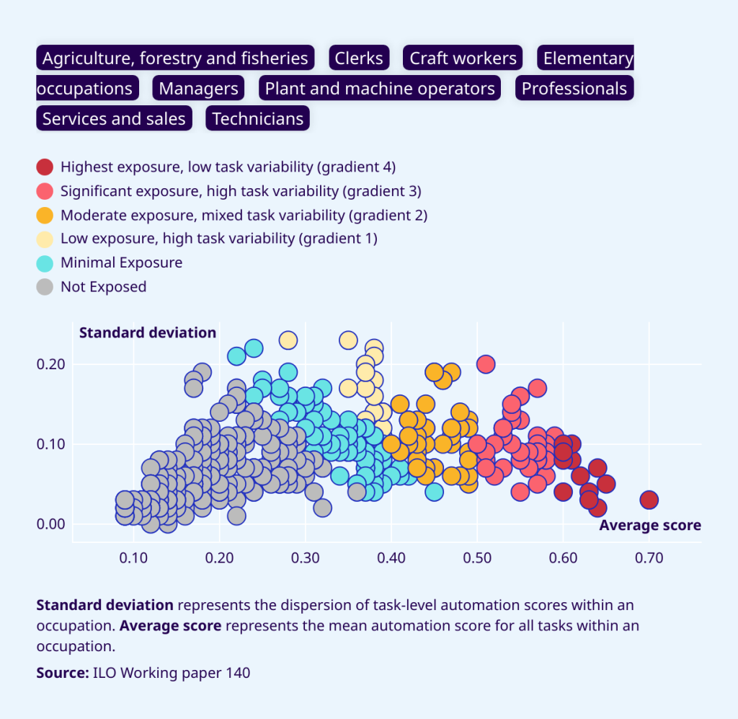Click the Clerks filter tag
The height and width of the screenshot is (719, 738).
(359, 58)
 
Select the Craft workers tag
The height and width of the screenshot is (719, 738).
(463, 58)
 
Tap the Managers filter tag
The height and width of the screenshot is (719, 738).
(198, 89)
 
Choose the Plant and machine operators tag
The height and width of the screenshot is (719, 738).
(380, 89)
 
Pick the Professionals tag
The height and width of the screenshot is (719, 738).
(574, 89)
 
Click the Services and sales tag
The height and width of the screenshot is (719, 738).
(114, 119)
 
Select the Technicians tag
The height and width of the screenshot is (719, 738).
(258, 119)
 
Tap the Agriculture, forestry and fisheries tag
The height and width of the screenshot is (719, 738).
(175, 58)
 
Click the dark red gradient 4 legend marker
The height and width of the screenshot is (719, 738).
(45, 167)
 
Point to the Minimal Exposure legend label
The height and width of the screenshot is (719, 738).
(121, 263)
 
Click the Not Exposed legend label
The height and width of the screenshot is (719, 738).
(103, 286)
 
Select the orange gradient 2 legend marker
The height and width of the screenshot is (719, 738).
(45, 215)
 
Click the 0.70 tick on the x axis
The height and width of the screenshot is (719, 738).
(649, 558)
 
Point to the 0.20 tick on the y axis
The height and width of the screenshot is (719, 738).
(50, 364)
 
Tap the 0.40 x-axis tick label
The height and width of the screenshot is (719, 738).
(391, 558)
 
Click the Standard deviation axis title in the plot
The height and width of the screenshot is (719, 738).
(147, 332)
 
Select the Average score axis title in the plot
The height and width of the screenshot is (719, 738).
(649, 525)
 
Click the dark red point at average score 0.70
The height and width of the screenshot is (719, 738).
(649, 500)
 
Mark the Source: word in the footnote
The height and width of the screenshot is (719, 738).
(62, 673)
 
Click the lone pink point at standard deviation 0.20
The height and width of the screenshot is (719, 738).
(486, 364)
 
